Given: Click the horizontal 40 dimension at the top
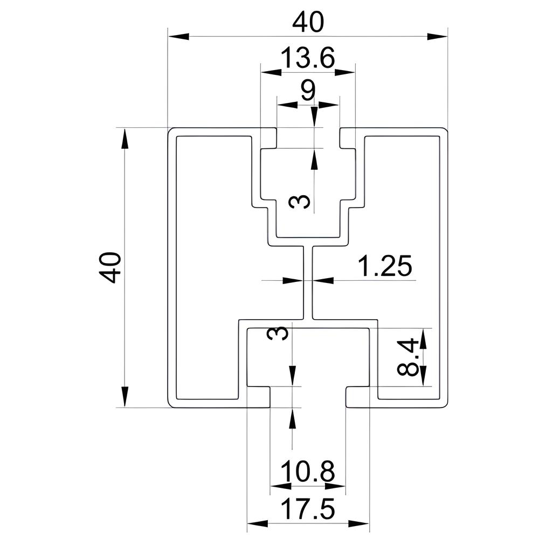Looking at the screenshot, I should point(308,22).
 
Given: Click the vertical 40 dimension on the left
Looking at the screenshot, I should point(110,267).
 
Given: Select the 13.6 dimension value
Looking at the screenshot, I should point(308,57).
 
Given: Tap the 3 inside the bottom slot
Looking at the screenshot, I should point(278,333).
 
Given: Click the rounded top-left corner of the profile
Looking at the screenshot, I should point(171,132).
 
